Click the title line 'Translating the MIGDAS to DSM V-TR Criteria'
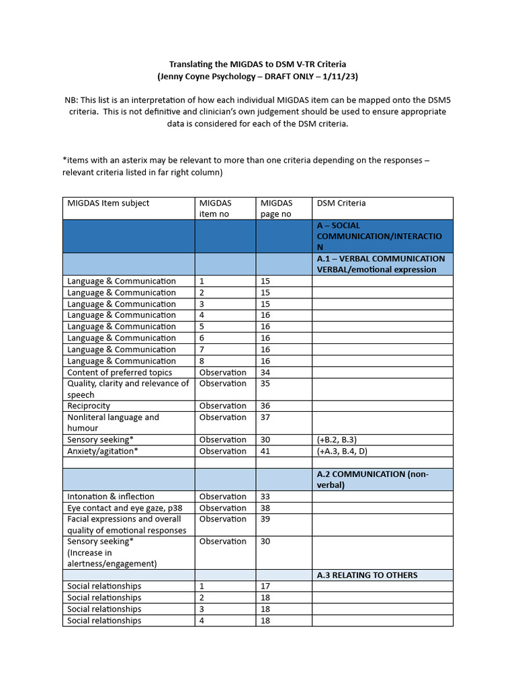coord(258,64)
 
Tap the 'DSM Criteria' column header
coord(341,203)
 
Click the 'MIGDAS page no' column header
coord(277,208)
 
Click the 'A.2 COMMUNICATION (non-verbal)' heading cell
coord(372,479)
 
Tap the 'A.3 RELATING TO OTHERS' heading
coord(367,575)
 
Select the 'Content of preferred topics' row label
coord(120,372)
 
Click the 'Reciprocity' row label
coord(89,406)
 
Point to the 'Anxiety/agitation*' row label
coord(103,451)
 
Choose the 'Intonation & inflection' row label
coord(111,497)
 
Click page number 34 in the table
coord(265,372)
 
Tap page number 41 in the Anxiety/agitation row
coord(265,451)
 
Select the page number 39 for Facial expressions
coord(265,519)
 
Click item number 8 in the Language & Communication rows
coord(202,361)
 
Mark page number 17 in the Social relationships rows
coord(265,586)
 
